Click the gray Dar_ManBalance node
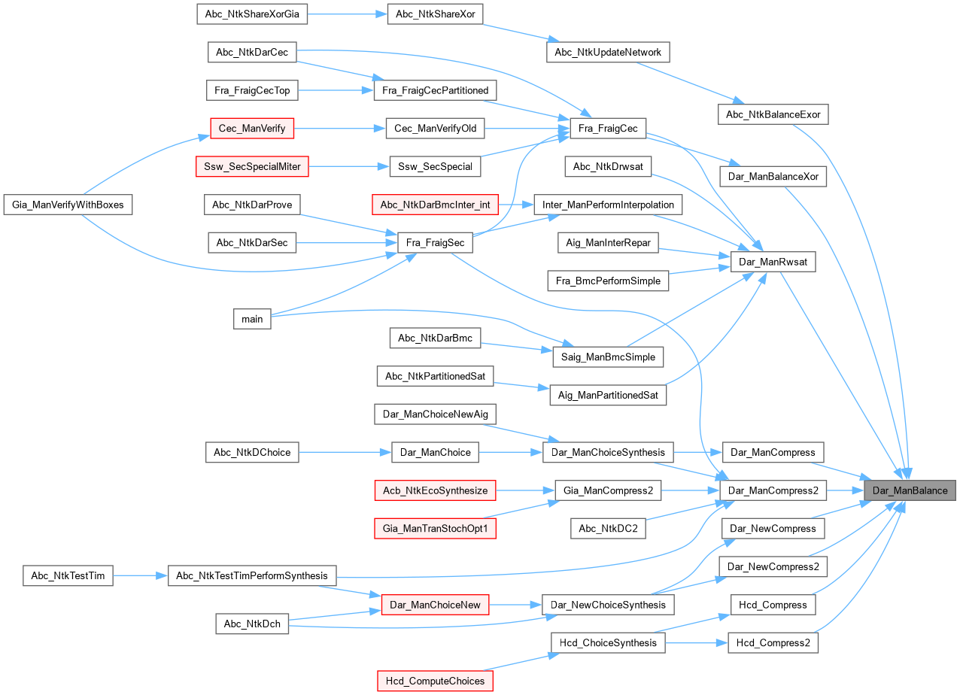(910, 490)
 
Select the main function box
(252, 319)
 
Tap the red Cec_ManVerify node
(252, 129)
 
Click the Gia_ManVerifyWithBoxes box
(68, 205)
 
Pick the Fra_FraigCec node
(608, 129)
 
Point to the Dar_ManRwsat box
(773, 262)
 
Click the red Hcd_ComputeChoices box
(436, 681)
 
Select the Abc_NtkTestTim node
(68, 576)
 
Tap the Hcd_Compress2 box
(773, 643)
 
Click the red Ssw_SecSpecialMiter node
(252, 166)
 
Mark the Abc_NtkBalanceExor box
(773, 114)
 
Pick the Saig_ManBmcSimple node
(608, 357)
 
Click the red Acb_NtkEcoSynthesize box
(436, 490)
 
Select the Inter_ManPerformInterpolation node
(608, 205)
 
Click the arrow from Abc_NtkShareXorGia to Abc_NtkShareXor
(347, 14)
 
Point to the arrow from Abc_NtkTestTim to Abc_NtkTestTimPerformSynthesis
(140, 576)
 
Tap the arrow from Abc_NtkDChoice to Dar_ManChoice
(345, 452)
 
